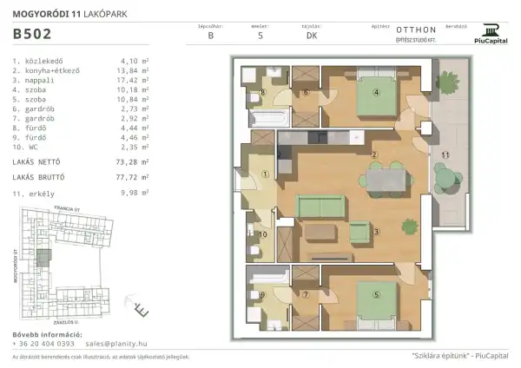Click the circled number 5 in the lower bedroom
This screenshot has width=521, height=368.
(x=376, y=294)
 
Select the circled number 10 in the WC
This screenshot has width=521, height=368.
(x=263, y=234)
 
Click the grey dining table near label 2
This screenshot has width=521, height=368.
(x=387, y=179)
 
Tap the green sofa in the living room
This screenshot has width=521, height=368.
(x=321, y=207)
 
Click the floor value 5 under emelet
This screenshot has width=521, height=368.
(x=261, y=36)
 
